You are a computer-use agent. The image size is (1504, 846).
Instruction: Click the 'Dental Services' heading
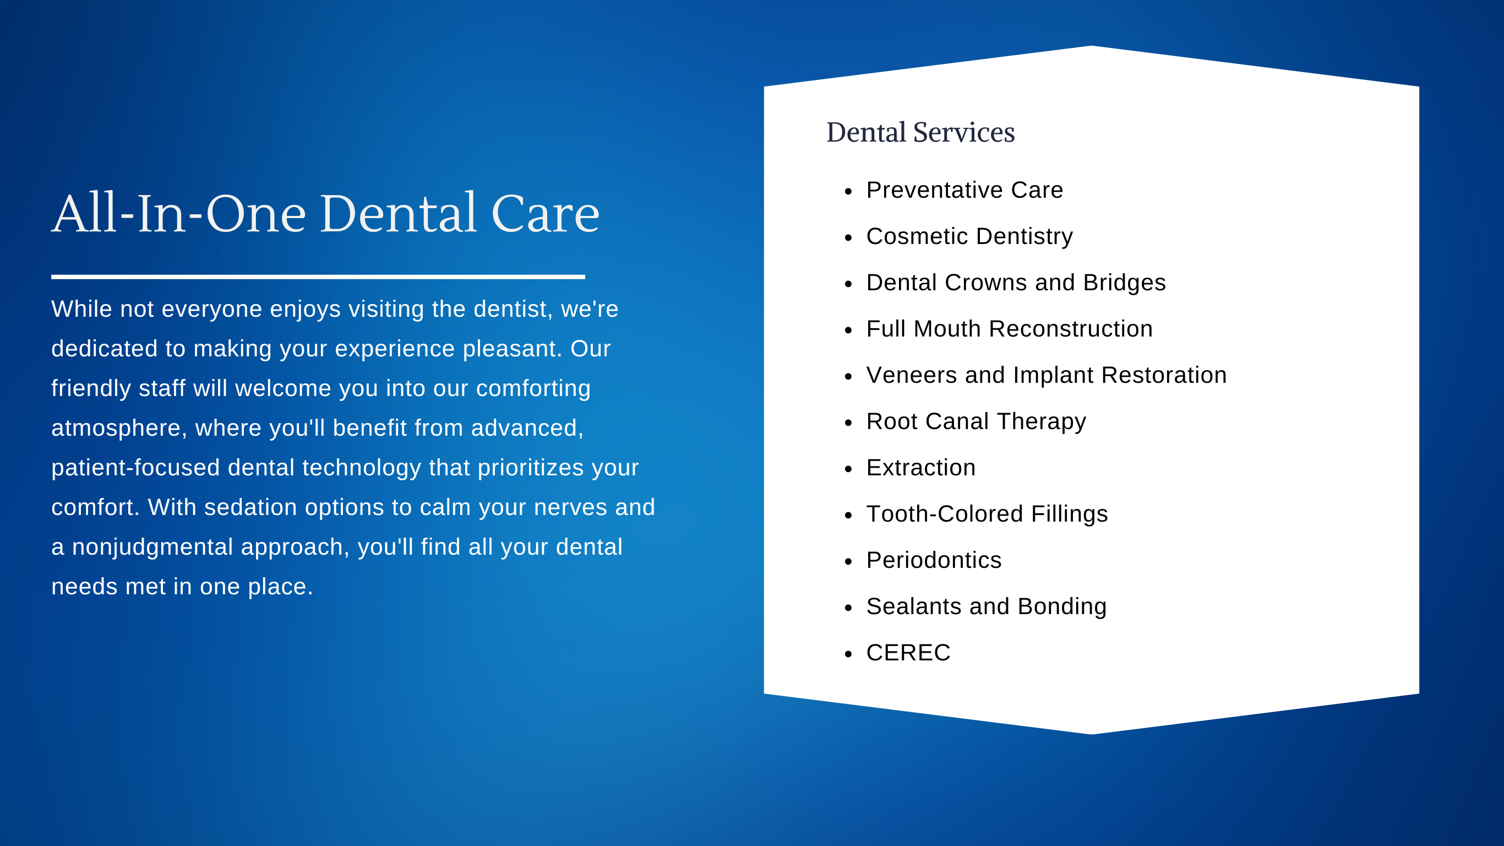[x=920, y=132]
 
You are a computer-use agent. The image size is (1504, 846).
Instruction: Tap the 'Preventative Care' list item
[x=964, y=190]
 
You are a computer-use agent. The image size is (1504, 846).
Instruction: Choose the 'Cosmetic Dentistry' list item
[x=969, y=237]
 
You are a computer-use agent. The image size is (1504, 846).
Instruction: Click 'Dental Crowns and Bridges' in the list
[x=1016, y=283]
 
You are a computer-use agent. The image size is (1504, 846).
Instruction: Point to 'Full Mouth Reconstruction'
[x=1010, y=329]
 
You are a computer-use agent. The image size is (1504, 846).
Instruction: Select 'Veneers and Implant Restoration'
[x=1047, y=375]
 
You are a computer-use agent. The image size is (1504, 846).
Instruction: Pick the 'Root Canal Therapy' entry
[x=976, y=421]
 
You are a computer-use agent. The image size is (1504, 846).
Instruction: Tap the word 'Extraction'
[x=921, y=468]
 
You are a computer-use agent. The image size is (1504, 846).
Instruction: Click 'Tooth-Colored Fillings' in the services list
[x=987, y=514]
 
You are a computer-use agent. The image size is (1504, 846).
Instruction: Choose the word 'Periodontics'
[x=934, y=560]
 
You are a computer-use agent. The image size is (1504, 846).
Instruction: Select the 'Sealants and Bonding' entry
[x=986, y=606]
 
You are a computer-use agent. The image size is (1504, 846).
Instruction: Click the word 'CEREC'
[x=908, y=653]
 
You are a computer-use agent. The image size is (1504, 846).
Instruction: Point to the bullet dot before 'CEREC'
[x=848, y=654]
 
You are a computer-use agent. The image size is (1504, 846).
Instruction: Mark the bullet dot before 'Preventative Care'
[x=848, y=191]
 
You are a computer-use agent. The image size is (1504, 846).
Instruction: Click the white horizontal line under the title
[x=318, y=277]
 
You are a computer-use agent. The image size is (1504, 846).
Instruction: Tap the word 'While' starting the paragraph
[x=81, y=309]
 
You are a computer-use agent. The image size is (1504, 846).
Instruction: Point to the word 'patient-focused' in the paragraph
[x=135, y=468]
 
